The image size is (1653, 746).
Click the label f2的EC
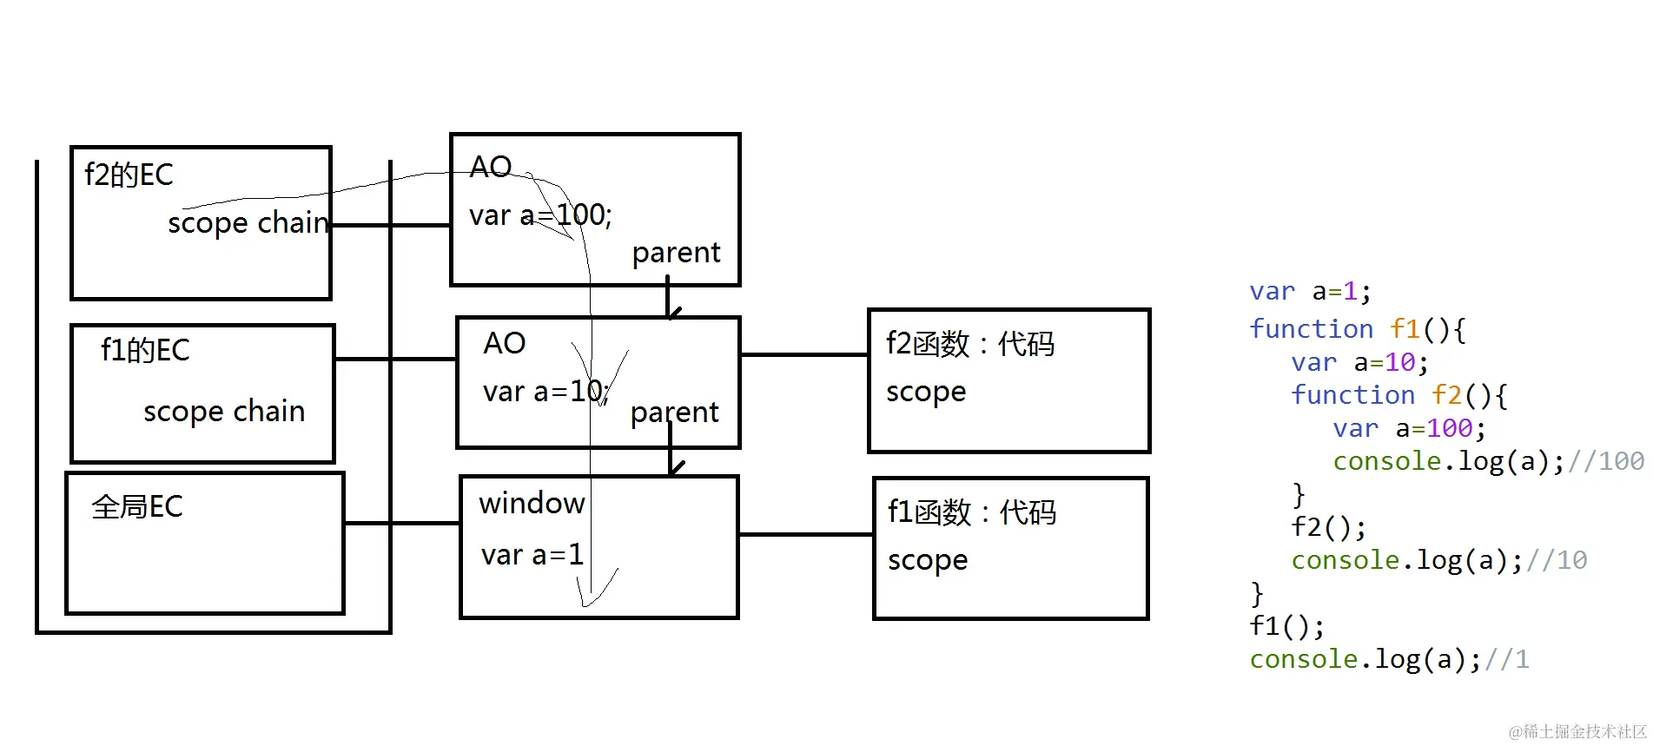click(129, 175)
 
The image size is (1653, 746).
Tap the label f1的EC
click(145, 350)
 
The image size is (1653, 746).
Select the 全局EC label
click(137, 506)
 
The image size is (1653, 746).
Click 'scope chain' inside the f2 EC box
click(248, 223)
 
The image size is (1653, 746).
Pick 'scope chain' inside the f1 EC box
click(224, 411)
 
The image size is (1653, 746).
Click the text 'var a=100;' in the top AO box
click(540, 215)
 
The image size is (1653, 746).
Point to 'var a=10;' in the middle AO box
click(546, 392)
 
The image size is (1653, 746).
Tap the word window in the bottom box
click(532, 504)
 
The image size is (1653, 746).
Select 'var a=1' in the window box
click(532, 555)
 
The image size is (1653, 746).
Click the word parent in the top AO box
click(676, 253)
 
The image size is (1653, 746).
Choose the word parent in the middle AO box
click(674, 413)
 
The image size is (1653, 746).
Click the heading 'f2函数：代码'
click(969, 344)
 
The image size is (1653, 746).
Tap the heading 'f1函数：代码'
click(971, 512)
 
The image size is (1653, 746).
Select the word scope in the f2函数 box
click(926, 393)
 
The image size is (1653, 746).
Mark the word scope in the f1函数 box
click(928, 561)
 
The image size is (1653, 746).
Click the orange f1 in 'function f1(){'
click(1405, 329)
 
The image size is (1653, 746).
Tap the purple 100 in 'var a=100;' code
click(1450, 428)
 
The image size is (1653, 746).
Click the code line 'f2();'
click(1328, 527)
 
